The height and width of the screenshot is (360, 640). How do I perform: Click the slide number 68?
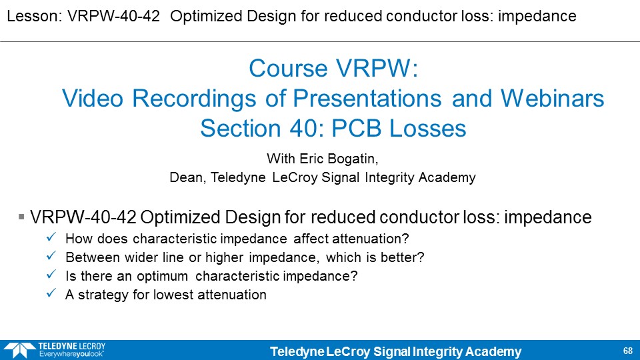pyautogui.click(x=628, y=351)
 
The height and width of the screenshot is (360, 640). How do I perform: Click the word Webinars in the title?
pyautogui.click(x=552, y=99)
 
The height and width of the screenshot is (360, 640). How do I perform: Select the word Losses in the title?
pyautogui.click(x=427, y=129)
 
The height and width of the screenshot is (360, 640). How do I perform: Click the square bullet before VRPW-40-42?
pyautogui.click(x=21, y=217)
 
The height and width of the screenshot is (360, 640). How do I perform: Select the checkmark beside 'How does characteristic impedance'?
pyautogui.click(x=51, y=237)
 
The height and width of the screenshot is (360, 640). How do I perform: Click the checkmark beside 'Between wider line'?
pyautogui.click(x=51, y=255)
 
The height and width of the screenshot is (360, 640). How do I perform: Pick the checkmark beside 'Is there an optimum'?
pyautogui.click(x=51, y=274)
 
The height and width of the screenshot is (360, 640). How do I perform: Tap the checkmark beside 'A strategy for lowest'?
pyautogui.click(x=51, y=293)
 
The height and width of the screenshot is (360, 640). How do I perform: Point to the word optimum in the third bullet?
pyautogui.click(x=163, y=277)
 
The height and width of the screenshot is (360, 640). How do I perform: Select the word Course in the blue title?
pyautogui.click(x=289, y=68)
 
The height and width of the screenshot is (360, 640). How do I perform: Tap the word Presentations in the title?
pyautogui.click(x=367, y=99)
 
